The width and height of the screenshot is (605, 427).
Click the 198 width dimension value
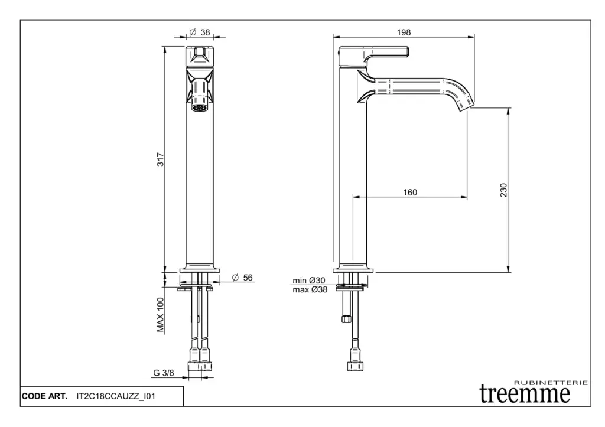pyautogui.click(x=404, y=32)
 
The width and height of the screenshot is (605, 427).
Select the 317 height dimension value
pyautogui.click(x=160, y=159)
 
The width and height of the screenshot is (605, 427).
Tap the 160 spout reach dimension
pyautogui.click(x=410, y=192)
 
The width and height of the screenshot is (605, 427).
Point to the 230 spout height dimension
pyautogui.click(x=503, y=190)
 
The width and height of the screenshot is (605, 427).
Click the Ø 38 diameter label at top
pyautogui.click(x=200, y=32)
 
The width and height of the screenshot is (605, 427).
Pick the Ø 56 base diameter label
pyautogui.click(x=242, y=278)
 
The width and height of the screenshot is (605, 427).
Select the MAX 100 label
pyautogui.click(x=161, y=315)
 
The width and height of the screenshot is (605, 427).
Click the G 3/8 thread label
pyautogui.click(x=164, y=373)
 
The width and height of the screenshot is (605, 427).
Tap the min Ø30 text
pyautogui.click(x=308, y=281)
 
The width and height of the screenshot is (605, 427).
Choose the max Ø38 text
pyautogui.click(x=310, y=289)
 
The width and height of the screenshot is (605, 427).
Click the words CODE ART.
pyautogui.click(x=44, y=396)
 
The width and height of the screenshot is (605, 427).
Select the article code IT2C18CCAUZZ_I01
pyautogui.click(x=116, y=396)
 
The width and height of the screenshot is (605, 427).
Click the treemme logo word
pyautogui.click(x=525, y=394)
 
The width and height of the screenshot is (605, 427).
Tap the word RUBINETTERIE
pyautogui.click(x=551, y=383)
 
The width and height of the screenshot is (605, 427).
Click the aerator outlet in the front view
pyautogui.click(x=200, y=107)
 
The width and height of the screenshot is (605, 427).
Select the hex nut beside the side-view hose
pyautogui.click(x=346, y=318)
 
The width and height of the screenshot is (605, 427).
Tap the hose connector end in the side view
pyautogui.click(x=355, y=365)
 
